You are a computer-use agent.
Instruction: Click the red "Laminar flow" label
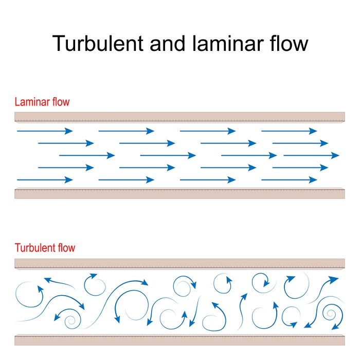[42, 102]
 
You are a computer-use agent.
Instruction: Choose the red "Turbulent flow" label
[45, 248]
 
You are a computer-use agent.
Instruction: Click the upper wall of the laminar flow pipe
[180, 117]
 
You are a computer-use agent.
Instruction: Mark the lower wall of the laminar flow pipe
[180, 193]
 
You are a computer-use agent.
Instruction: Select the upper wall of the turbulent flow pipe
[180, 263]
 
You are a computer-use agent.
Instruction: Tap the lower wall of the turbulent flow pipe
[180, 340]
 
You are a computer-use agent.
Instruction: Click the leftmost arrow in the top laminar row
[45, 131]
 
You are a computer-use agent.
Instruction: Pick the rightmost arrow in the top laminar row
[290, 131]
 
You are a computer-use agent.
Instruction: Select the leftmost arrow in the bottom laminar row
[45, 180]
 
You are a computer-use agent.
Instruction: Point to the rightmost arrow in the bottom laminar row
[290, 180]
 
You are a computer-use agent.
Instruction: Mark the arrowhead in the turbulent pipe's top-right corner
[335, 279]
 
